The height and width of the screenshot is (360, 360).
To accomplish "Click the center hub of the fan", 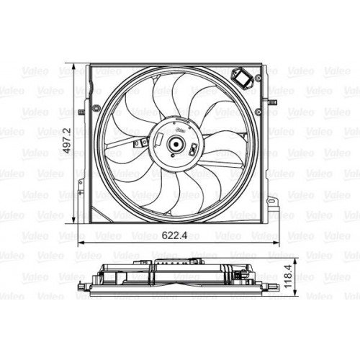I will click(x=175, y=144).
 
